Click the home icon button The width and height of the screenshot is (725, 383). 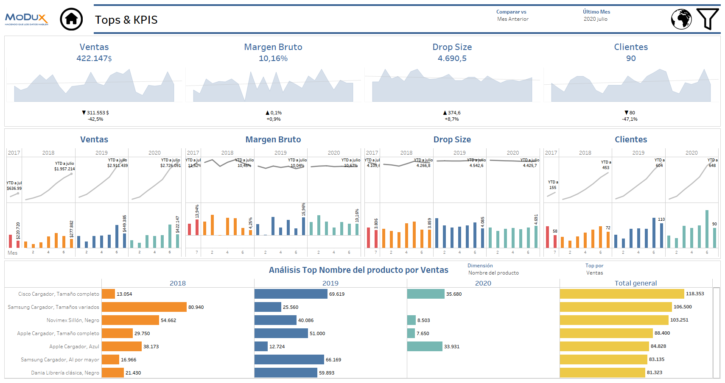71,19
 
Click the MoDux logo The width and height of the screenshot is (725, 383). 26,19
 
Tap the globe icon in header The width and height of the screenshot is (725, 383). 681,19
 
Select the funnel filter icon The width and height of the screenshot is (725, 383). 707,19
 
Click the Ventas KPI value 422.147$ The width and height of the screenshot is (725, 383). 94,58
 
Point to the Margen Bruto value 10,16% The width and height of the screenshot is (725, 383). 273,58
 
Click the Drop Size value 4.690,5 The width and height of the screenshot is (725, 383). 452,58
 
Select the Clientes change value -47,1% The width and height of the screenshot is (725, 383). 630,119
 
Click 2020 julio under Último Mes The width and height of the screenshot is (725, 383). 596,19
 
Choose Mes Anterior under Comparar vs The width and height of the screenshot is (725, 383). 513,19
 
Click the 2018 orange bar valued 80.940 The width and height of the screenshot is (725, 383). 144,307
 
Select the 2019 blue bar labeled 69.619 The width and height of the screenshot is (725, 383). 291,294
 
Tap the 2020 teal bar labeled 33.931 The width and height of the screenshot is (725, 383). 425,347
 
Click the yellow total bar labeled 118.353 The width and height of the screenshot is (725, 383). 622,294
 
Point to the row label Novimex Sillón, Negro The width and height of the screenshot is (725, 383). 73,320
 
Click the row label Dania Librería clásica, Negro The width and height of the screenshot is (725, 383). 65,373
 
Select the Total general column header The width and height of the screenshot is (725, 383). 635,283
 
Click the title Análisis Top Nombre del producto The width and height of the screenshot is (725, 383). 358,270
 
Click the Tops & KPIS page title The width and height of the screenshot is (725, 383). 126,20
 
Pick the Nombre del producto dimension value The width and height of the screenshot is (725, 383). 493,273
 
